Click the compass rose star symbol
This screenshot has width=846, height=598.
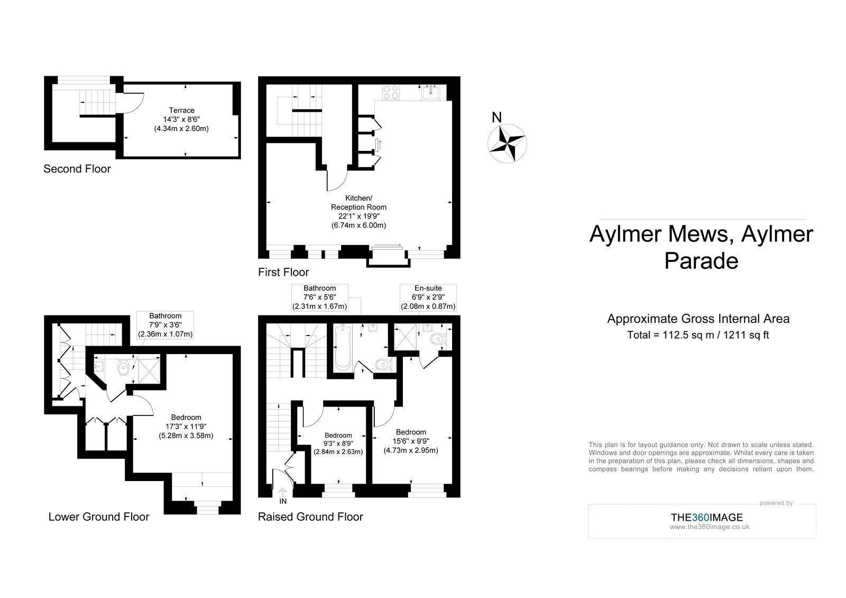(507, 143)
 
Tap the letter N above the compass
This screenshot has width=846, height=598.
(496, 117)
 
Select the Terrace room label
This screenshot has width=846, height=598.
(182, 111)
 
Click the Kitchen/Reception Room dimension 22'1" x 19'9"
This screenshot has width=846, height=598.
(359, 216)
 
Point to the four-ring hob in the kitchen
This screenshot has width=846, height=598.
(391, 93)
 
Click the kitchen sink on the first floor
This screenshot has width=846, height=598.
(430, 92)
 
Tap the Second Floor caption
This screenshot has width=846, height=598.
(77, 169)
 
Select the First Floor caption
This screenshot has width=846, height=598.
(283, 272)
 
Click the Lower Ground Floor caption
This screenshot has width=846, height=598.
(99, 517)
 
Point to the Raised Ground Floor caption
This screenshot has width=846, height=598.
(310, 517)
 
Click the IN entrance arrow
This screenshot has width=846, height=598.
(282, 493)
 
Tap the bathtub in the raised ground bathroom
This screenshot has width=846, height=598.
(343, 347)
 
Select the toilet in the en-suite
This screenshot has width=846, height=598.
(438, 339)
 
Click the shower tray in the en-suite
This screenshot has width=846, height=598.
(405, 337)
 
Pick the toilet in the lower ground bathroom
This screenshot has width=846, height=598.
(123, 367)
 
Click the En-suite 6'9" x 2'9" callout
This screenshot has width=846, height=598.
(428, 297)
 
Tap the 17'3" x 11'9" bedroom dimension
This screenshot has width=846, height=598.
(186, 427)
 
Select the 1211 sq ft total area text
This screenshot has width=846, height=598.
(746, 336)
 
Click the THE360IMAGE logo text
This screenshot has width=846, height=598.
(706, 518)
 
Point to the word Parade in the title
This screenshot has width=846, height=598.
(701, 261)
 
